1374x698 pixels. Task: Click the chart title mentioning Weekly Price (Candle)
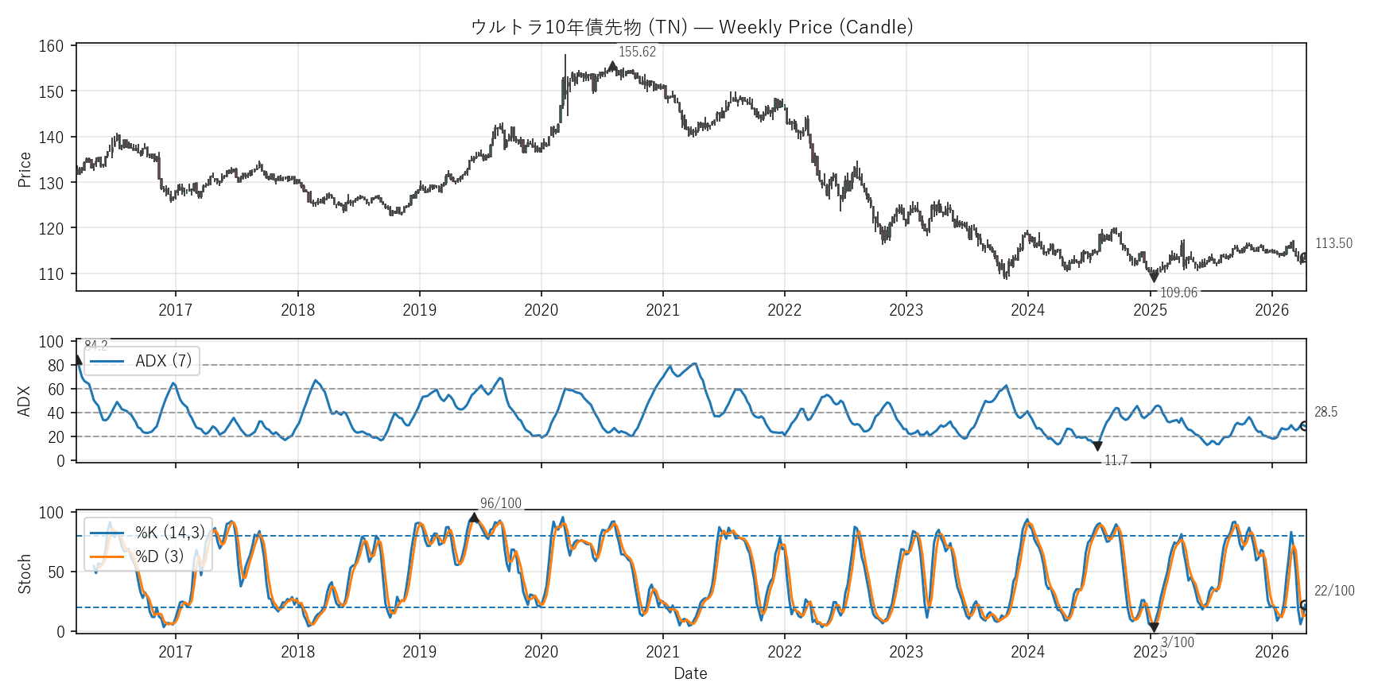click(691, 27)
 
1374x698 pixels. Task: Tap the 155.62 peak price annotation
click(637, 52)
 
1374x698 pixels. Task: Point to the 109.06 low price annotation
click(1178, 293)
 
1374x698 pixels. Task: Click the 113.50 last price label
click(1333, 243)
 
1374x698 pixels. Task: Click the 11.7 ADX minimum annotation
click(1116, 460)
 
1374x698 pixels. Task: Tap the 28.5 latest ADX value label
click(1325, 412)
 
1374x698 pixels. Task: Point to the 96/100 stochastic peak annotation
click(501, 503)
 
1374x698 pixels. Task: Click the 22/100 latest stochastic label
click(1334, 591)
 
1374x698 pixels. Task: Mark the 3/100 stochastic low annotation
click(1177, 642)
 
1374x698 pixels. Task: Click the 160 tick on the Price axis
click(51, 46)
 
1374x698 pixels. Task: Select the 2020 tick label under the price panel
click(541, 310)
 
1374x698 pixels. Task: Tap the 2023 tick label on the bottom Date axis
click(906, 652)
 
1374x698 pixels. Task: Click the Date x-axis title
click(690, 673)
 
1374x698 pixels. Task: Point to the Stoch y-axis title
click(25, 573)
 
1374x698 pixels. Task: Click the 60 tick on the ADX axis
click(56, 390)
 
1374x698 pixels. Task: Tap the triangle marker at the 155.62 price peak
click(612, 66)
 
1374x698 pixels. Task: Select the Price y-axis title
click(25, 169)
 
